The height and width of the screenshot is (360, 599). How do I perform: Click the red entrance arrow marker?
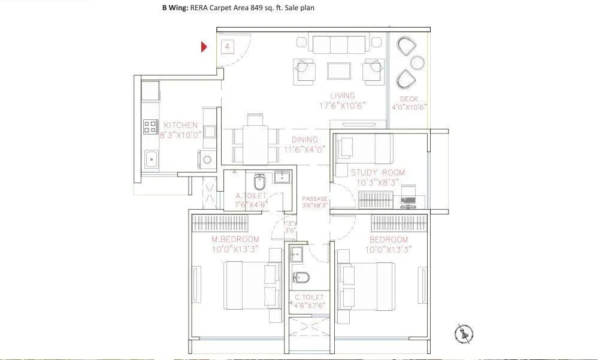click(204, 47)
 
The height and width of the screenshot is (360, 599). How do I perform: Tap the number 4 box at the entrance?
click(228, 46)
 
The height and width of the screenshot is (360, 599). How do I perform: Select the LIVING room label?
click(342, 96)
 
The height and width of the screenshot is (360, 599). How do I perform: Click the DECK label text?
click(409, 99)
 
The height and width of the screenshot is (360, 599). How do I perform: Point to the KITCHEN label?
click(180, 125)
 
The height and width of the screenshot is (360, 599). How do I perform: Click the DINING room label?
click(305, 140)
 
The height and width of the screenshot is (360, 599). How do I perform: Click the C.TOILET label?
click(308, 297)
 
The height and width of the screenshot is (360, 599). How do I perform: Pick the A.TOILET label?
click(251, 196)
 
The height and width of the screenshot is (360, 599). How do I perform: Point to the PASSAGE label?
click(314, 198)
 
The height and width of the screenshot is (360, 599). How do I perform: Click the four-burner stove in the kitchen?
click(150, 126)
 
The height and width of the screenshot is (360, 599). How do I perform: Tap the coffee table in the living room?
click(340, 70)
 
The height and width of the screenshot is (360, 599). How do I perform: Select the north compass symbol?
click(464, 332)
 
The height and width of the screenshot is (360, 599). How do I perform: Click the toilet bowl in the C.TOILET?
click(301, 277)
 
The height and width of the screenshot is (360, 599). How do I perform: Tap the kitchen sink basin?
click(152, 159)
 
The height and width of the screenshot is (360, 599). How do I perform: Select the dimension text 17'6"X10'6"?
click(342, 105)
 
